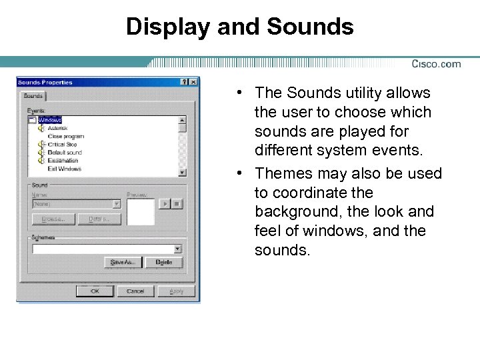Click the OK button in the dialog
[x=94, y=291]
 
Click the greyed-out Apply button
[x=177, y=291]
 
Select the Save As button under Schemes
[x=123, y=262]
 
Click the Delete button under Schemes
[x=164, y=262]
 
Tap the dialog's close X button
[x=193, y=82]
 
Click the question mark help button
[x=184, y=82]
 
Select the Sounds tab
[x=33, y=96]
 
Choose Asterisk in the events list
[x=57, y=127]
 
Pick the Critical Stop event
[x=62, y=144]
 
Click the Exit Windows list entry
[x=64, y=169]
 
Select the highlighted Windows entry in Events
[x=49, y=120]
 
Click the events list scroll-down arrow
[x=182, y=172]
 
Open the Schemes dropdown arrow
[x=177, y=249]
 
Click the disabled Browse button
[x=53, y=219]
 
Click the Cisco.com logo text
[x=436, y=64]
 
